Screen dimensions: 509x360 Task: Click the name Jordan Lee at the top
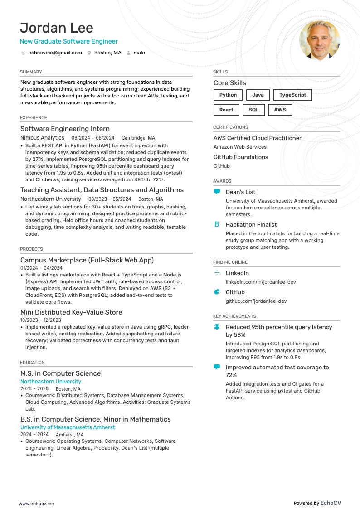tap(57, 28)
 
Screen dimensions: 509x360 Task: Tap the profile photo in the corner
tap(320, 40)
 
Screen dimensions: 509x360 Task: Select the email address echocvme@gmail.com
tap(55, 53)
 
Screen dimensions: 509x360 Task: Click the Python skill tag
tap(228, 95)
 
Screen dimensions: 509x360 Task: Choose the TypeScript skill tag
tap(292, 95)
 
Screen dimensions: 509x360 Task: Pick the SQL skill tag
tap(254, 110)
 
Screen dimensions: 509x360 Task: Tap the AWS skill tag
tap(280, 110)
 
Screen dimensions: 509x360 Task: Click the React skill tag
tap(226, 110)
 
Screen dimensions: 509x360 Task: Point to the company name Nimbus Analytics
tap(42, 138)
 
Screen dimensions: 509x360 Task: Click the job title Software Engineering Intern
tap(65, 129)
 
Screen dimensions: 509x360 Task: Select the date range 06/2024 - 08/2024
tap(93, 138)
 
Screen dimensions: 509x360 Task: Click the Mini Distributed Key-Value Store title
tap(71, 312)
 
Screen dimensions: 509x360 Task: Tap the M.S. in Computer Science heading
tap(60, 373)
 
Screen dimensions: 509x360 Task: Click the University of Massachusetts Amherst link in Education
tap(68, 427)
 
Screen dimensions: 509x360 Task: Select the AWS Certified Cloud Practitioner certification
tap(257, 138)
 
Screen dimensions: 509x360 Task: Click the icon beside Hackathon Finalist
tap(217, 224)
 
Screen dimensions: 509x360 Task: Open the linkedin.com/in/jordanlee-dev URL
tap(261, 282)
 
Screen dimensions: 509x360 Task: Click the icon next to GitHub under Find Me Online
tap(217, 292)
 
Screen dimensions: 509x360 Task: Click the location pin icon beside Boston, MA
tap(89, 53)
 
